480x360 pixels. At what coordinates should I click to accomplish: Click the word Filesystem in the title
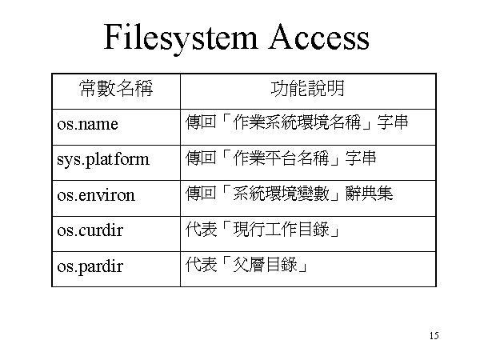point(180,38)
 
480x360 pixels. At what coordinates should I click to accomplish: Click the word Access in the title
point(318,37)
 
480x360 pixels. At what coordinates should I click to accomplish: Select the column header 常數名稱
point(116,89)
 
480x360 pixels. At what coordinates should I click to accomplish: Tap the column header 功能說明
point(308,89)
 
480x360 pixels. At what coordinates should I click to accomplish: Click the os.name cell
point(87,124)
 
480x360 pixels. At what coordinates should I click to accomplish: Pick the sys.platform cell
point(103,160)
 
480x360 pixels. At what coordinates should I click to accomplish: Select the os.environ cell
point(96,195)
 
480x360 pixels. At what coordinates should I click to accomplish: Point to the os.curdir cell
point(90,230)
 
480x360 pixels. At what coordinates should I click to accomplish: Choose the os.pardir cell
point(90,266)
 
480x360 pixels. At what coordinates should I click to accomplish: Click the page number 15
point(434,335)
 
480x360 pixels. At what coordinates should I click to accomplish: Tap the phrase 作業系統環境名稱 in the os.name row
point(297,122)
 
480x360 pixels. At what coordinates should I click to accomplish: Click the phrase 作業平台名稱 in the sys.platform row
point(281,158)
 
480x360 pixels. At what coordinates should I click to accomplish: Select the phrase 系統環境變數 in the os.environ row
point(281,194)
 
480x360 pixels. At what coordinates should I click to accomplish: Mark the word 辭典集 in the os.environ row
point(369,194)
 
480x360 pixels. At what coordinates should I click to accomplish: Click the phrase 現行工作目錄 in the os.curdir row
point(281,230)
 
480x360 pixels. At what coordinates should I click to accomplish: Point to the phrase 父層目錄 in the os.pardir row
point(265,265)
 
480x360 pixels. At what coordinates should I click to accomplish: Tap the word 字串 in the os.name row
point(393,122)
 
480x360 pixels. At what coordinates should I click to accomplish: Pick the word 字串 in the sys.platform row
point(361,158)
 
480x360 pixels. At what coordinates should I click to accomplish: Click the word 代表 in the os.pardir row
point(201,265)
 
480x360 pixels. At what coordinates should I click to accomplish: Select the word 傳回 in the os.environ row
point(201,194)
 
